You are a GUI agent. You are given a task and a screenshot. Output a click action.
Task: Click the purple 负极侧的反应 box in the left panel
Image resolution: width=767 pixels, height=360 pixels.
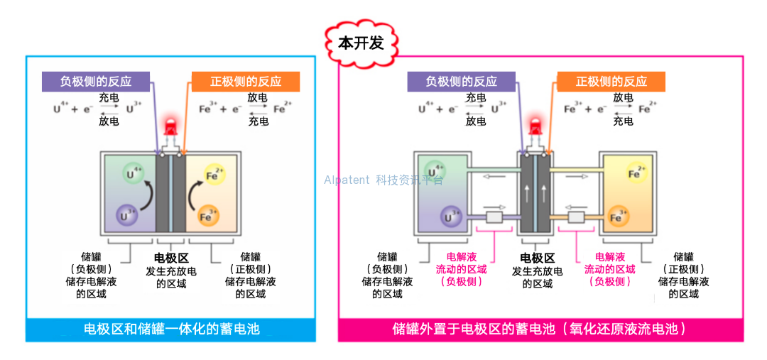96,81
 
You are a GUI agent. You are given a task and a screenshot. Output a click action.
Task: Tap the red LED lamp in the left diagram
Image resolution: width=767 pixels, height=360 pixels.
170,129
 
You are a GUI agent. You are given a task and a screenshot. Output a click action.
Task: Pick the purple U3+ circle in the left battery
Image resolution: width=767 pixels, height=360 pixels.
128,215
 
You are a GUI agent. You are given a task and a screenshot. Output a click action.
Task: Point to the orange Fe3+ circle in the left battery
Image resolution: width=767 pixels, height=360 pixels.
208,215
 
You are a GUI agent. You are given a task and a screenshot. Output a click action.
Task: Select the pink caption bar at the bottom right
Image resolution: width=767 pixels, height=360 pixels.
540,329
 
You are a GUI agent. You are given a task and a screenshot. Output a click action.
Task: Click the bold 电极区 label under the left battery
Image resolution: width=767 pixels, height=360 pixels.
171,258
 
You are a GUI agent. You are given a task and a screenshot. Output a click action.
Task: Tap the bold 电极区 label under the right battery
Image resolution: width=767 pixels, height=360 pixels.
537,258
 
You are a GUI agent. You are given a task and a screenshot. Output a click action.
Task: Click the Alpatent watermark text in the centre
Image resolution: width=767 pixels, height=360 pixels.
383,180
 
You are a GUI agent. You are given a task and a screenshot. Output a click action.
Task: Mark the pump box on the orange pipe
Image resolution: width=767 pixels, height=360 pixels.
576,216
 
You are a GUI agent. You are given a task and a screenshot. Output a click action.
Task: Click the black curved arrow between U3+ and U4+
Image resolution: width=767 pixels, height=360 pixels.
145,195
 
